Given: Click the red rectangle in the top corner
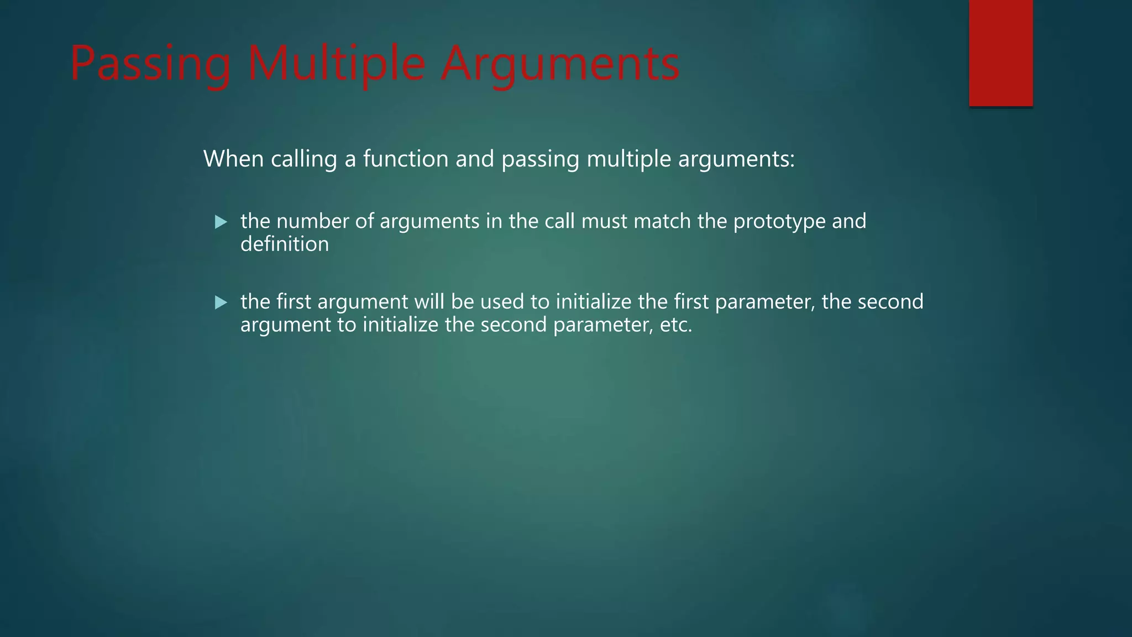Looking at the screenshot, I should [x=1000, y=53].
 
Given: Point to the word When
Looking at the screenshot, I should [x=233, y=159].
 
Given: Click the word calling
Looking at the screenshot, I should [x=303, y=159].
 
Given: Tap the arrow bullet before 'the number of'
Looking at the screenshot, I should [x=221, y=222].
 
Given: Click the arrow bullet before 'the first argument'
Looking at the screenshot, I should [x=221, y=302].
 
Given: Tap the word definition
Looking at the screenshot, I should [x=284, y=244].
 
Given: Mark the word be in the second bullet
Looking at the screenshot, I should [x=462, y=302].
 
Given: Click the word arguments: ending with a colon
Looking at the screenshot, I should [x=736, y=159].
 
